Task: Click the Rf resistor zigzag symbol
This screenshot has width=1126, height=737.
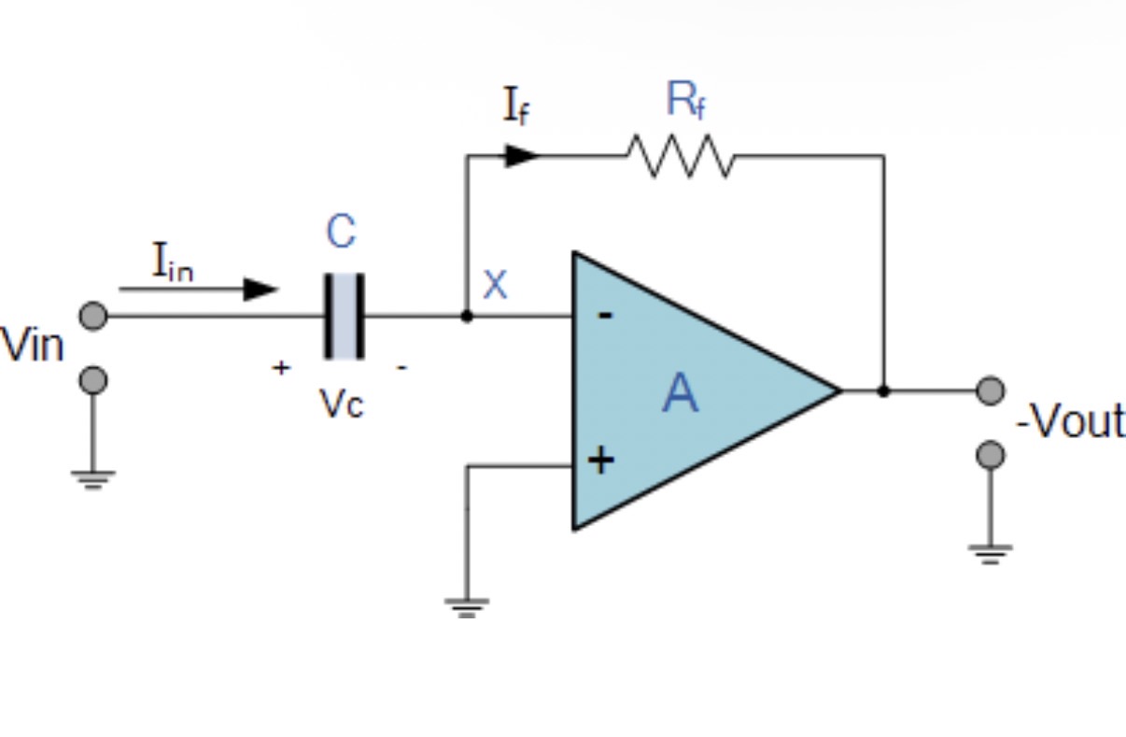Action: tap(681, 156)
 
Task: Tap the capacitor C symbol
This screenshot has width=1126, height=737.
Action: tap(344, 317)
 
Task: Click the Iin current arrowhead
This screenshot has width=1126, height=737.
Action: tap(260, 290)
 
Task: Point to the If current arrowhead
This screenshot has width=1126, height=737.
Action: tap(522, 156)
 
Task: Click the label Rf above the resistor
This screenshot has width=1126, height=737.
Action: tap(685, 101)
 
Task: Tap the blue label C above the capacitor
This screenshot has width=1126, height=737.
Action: tap(341, 232)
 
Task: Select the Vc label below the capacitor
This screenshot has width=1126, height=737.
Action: tap(341, 404)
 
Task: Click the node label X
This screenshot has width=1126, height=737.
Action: tap(495, 285)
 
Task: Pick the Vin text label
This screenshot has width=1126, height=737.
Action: tap(33, 346)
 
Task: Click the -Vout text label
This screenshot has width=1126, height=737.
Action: tap(1070, 422)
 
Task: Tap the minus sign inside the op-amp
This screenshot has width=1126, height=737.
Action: tap(605, 317)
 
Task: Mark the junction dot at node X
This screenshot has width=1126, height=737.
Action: tap(467, 317)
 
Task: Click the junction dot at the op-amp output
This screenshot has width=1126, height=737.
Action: tap(883, 391)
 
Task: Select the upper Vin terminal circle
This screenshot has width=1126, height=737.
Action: tap(93, 317)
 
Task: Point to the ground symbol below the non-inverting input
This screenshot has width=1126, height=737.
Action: tap(467, 607)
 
